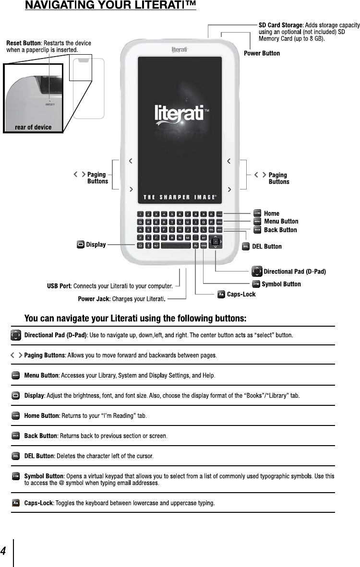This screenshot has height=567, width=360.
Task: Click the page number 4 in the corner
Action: (3, 551)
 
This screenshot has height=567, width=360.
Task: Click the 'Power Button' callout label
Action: (262, 53)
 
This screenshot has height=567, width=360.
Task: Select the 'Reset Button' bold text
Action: (24, 43)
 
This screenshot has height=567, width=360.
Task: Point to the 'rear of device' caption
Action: (33, 127)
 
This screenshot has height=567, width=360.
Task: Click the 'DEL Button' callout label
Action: (267, 247)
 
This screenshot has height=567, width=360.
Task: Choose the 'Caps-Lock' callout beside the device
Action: (241, 294)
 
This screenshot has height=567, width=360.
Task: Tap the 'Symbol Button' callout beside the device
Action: (281, 284)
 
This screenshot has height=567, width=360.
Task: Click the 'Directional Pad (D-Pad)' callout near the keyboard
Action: (295, 272)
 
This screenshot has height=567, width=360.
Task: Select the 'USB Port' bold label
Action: (59, 286)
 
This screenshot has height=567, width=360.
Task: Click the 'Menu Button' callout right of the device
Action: (281, 222)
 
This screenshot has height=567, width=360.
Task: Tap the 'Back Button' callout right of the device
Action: (280, 230)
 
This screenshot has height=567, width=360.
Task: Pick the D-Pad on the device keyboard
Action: (216, 241)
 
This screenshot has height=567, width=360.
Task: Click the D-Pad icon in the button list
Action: (16, 334)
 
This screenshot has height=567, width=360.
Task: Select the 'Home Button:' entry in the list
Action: (42, 415)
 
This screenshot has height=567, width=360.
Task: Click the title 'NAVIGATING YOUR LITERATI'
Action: (110, 6)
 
